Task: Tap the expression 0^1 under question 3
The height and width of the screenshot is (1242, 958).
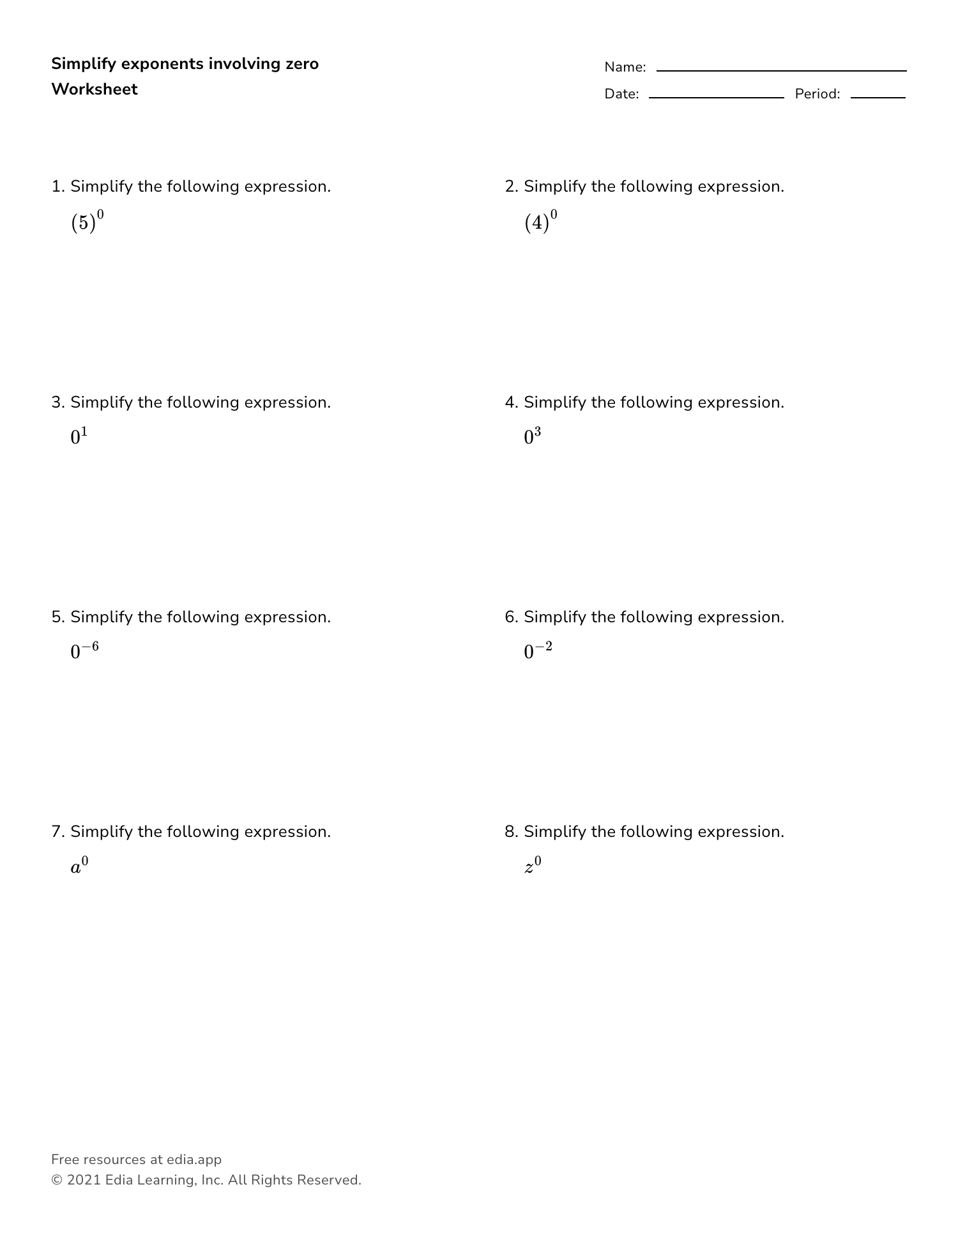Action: [79, 436]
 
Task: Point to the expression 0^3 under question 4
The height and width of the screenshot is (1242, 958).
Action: [532, 436]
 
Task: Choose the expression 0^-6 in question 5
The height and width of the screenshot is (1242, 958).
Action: [84, 651]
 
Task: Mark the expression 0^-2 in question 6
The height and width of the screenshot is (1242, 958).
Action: [538, 651]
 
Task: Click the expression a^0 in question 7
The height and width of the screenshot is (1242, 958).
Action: [79, 866]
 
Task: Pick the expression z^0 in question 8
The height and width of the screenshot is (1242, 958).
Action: [533, 866]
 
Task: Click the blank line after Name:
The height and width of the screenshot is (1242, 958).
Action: [781, 70]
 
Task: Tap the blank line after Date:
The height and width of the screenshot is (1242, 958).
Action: [716, 97]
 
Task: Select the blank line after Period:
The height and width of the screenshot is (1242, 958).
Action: [878, 97]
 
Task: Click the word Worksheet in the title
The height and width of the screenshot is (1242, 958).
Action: [95, 89]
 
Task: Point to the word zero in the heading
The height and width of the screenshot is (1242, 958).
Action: [302, 64]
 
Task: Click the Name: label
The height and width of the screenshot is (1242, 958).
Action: [625, 67]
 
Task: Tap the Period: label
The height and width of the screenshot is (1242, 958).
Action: [817, 94]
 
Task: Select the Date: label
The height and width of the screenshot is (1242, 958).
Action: [621, 94]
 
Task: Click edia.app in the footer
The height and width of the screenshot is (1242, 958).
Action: [194, 1160]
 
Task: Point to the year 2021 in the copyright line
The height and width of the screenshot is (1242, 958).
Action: [84, 1180]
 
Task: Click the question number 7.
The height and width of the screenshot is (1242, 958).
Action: [57, 832]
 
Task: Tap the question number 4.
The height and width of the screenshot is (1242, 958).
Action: [510, 402]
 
